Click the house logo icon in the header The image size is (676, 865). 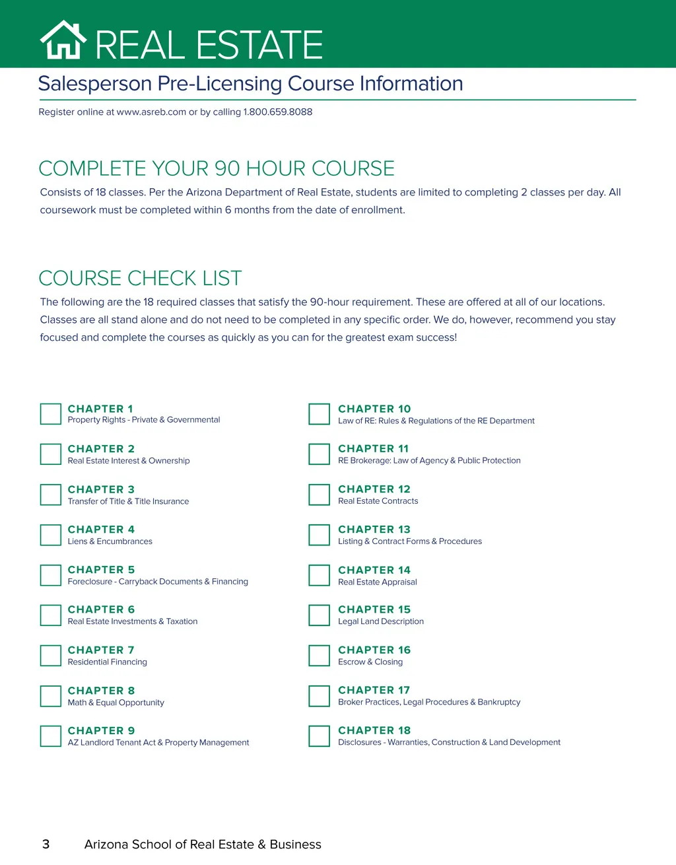[x=63, y=40]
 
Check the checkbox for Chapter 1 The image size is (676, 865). [x=51, y=414]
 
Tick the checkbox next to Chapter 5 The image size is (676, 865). [x=51, y=575]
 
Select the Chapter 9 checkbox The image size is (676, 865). [x=51, y=736]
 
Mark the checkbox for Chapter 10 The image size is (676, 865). [x=320, y=414]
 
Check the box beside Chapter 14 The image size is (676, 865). [x=320, y=575]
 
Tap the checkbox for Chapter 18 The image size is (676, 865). [x=320, y=736]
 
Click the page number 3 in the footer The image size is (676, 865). [x=46, y=844]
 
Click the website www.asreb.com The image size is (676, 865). [x=151, y=112]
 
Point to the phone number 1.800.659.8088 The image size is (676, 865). [x=278, y=112]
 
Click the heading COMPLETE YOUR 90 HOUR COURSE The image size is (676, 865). [x=217, y=168]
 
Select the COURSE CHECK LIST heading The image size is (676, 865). [x=140, y=278]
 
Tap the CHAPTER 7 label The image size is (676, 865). [x=101, y=650]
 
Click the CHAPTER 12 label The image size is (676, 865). [x=374, y=489]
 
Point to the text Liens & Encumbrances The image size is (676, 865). [x=110, y=541]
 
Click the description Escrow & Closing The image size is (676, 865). [x=370, y=662]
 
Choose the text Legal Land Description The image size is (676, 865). [x=381, y=621]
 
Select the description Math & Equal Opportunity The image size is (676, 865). [x=116, y=703]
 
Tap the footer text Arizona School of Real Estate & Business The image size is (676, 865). [x=203, y=845]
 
